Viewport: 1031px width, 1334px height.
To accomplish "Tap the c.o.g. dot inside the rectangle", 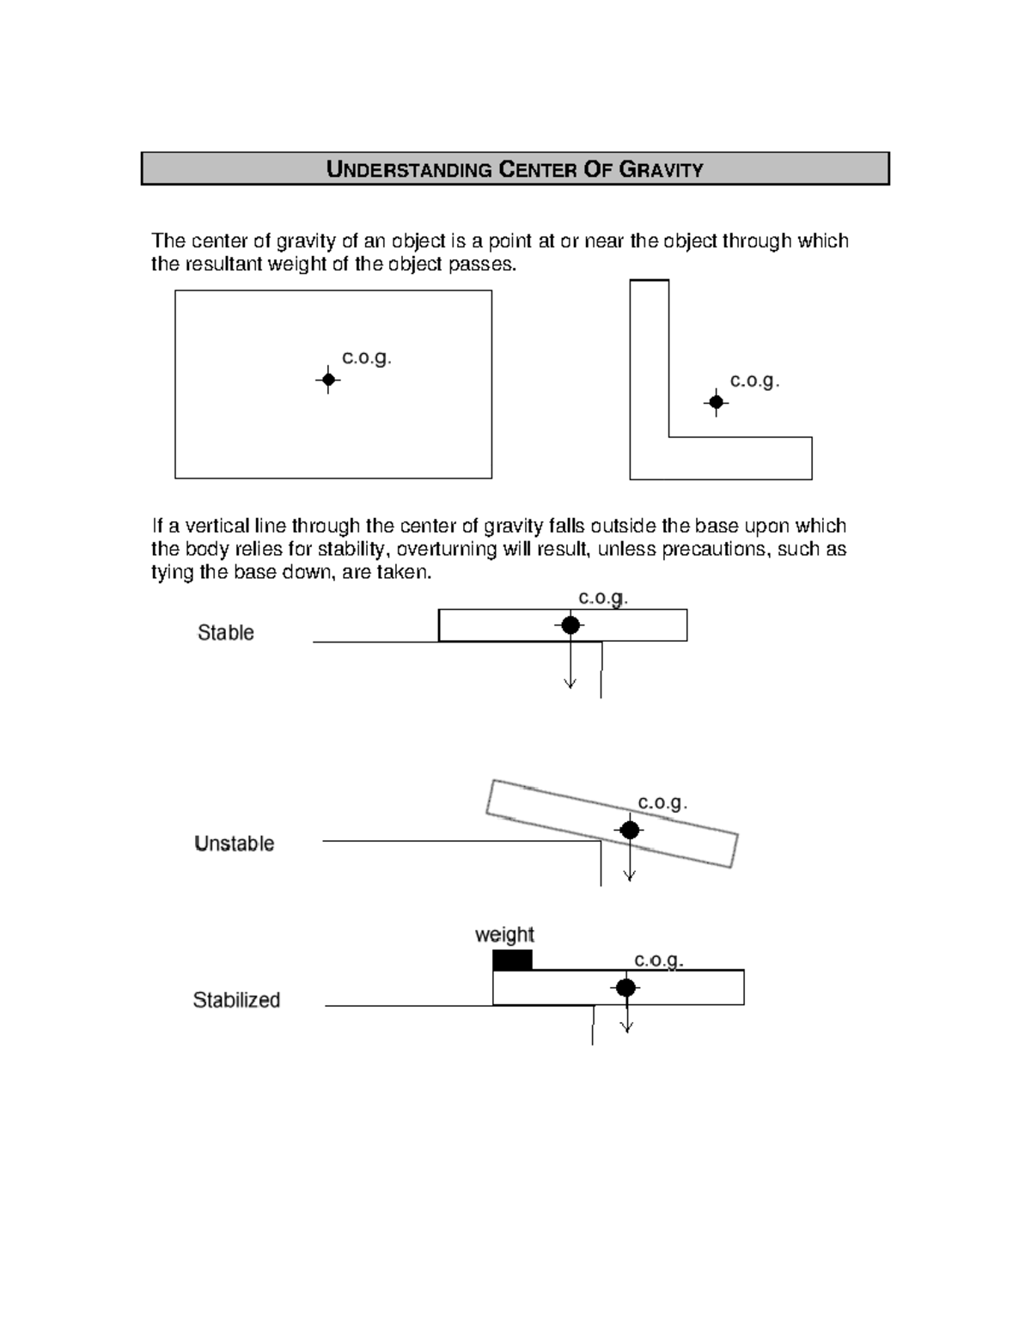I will pos(328,380).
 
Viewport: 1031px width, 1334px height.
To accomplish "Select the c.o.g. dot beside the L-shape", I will pos(716,402).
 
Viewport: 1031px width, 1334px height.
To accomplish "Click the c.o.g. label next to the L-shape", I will pos(754,381).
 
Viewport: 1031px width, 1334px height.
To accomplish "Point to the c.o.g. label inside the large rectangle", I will pos(367,357).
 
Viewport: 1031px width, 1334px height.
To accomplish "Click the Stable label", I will pos(226,633).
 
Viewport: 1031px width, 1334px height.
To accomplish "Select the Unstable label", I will pos(235,844).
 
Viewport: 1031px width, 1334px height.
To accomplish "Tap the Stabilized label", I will pos(236,1000).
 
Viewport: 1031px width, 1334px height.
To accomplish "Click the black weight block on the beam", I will pos(512,959).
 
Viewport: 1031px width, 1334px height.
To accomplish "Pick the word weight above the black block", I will pos(504,935).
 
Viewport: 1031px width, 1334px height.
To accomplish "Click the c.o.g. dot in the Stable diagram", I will pos(570,625).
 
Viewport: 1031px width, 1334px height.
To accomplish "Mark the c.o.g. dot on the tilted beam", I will pos(630,830).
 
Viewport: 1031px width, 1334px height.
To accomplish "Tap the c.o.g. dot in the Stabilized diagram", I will pos(625,988).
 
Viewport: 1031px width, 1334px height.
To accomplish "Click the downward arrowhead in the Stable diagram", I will pos(570,684).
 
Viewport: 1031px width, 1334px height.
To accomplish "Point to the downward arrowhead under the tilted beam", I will pos(630,875).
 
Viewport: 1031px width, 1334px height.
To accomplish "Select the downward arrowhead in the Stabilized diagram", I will pos(626,1026).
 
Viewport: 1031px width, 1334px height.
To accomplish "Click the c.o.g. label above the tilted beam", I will pos(662,802).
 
